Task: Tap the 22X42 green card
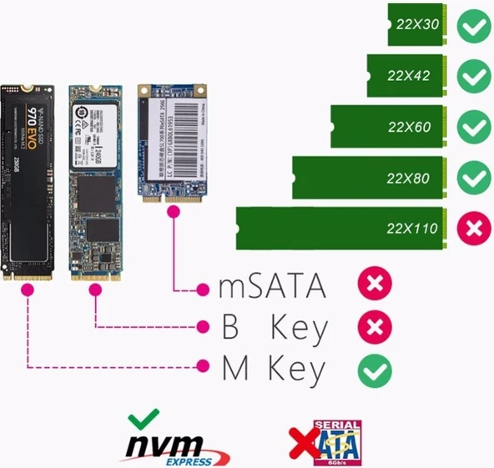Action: [408, 75]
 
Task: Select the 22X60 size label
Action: [408, 128]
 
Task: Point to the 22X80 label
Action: [408, 178]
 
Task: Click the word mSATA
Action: [271, 288]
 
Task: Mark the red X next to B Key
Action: [375, 327]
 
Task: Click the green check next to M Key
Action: [375, 369]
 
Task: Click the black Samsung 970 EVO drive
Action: [29, 179]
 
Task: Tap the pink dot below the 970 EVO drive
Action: [29, 289]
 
